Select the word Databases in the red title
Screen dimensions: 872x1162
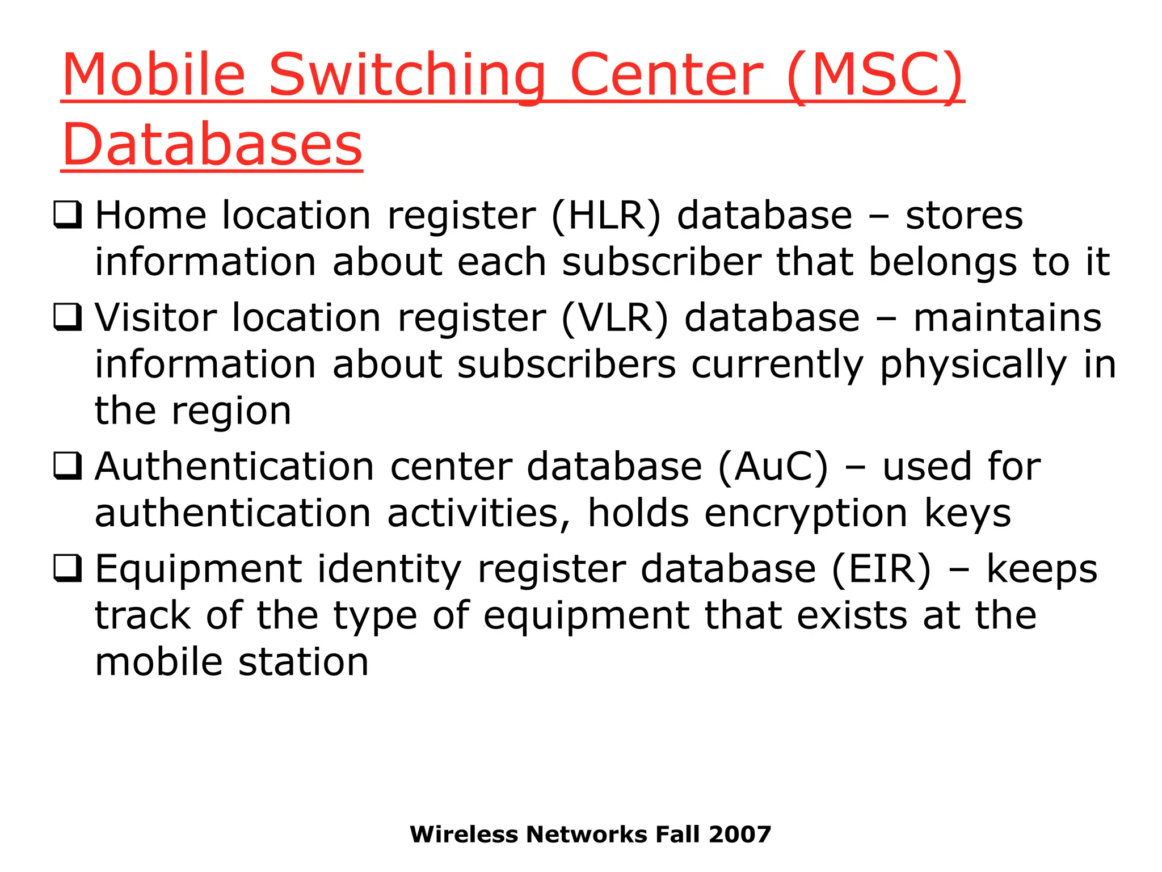tap(212, 145)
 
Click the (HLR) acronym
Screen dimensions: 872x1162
tap(606, 216)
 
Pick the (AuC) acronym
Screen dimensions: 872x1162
tap(773, 467)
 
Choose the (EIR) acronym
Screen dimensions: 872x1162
tap(881, 569)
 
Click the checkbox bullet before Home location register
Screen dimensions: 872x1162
tap(68, 215)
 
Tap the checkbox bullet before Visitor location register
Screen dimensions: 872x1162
tap(68, 317)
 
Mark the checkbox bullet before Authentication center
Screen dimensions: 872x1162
tap(68, 466)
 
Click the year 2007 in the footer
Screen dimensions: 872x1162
tap(740, 835)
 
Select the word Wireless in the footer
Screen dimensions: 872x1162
tap(464, 835)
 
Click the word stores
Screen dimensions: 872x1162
tap(964, 216)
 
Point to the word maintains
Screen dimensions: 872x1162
tap(1007, 318)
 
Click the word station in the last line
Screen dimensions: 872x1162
tap(304, 663)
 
